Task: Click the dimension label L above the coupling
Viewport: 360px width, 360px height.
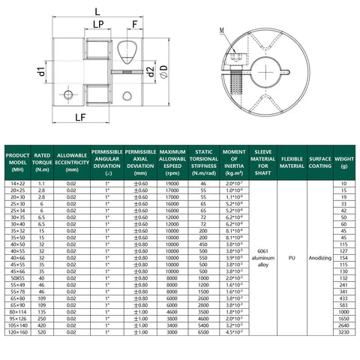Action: [x=100, y=11]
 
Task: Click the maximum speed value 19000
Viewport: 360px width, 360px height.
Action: [x=172, y=183]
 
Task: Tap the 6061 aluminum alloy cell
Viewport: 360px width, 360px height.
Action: [x=262, y=258]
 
